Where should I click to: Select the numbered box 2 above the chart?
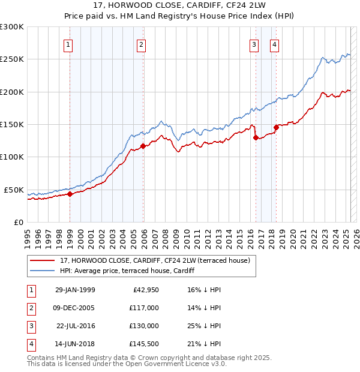click(140, 44)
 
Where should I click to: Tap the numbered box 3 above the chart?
click(254, 44)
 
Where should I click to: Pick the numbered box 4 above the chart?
click(274, 44)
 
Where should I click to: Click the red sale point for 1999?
click(70, 194)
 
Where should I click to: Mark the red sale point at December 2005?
click(143, 146)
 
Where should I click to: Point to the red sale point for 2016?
click(256, 137)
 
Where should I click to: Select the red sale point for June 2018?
click(276, 127)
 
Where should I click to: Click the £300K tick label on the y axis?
click(12, 27)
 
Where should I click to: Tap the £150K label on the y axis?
click(12, 124)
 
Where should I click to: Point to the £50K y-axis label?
click(14, 190)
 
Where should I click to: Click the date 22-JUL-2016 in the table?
click(76, 326)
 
